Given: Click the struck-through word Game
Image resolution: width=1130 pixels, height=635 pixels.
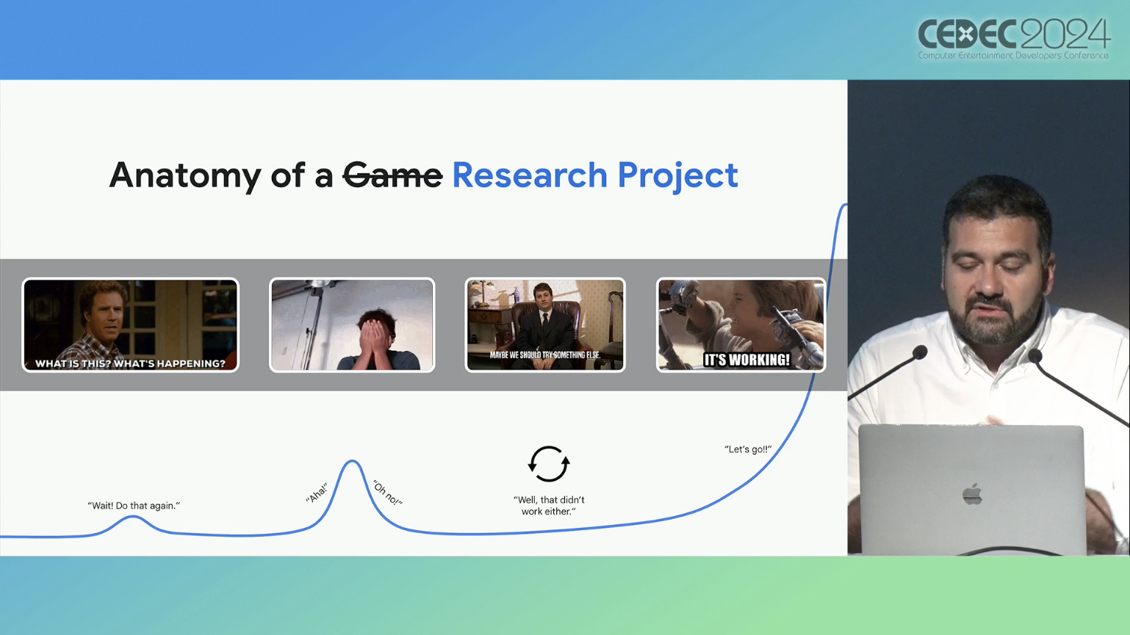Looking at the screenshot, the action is tap(392, 175).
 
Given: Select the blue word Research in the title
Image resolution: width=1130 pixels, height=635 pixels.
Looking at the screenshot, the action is tap(530, 175).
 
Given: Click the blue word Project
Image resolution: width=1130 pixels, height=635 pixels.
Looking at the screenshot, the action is tap(677, 176).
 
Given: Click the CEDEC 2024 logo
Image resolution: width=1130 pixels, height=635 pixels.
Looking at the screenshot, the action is tap(1013, 39).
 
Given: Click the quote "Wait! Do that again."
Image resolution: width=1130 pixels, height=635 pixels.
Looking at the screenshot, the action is tap(134, 506).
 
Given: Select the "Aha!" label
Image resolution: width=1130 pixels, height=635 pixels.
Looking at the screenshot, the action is tap(317, 493).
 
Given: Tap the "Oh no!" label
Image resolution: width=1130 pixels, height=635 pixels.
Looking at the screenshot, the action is tap(387, 493).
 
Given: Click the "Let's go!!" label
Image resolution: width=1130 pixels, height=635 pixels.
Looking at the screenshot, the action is tap(748, 449).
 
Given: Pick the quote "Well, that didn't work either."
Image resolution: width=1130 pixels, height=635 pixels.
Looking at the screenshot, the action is tap(549, 506).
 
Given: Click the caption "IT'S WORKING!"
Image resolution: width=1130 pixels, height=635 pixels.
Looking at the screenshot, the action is tap(746, 360).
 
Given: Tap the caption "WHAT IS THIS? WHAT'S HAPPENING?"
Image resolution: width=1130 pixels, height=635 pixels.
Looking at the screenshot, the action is tap(130, 363).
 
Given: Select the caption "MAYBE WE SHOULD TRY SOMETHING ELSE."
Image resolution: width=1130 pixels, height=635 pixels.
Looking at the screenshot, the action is tap(545, 355).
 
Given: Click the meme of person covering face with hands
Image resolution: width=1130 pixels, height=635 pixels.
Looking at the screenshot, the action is tap(352, 325).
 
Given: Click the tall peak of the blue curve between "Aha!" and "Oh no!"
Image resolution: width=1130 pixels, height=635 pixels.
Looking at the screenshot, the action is tap(352, 460).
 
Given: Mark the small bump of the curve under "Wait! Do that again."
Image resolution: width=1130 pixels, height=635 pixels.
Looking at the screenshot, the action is tap(133, 517).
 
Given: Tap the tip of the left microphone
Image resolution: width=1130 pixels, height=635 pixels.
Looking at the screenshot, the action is tap(920, 352).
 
